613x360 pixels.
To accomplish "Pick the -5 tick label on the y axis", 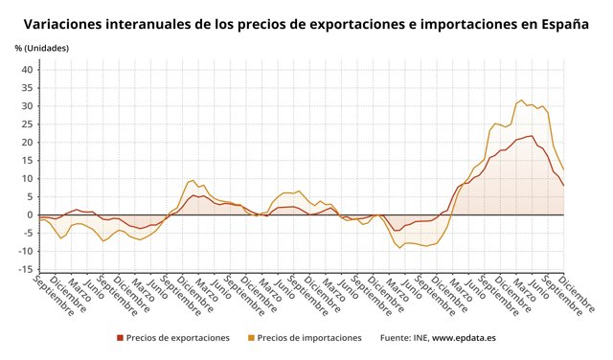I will pyautogui.click(x=27, y=233).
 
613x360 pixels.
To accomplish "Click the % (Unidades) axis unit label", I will pyautogui.click(x=42, y=48).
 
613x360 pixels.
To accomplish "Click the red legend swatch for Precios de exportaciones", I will pyautogui.click(x=120, y=338).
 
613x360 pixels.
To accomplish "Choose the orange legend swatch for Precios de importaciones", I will pyautogui.click(x=252, y=338).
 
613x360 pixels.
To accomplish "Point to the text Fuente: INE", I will pyautogui.click(x=403, y=338).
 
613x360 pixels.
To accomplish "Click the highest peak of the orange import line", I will pyautogui.click(x=521, y=100).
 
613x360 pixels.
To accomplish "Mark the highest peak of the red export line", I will pyautogui.click(x=532, y=136).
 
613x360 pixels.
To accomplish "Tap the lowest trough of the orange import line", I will pyautogui.click(x=399, y=248).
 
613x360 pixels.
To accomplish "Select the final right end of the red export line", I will pyautogui.click(x=564, y=186).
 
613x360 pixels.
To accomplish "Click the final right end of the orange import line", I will pyautogui.click(x=564, y=170).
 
